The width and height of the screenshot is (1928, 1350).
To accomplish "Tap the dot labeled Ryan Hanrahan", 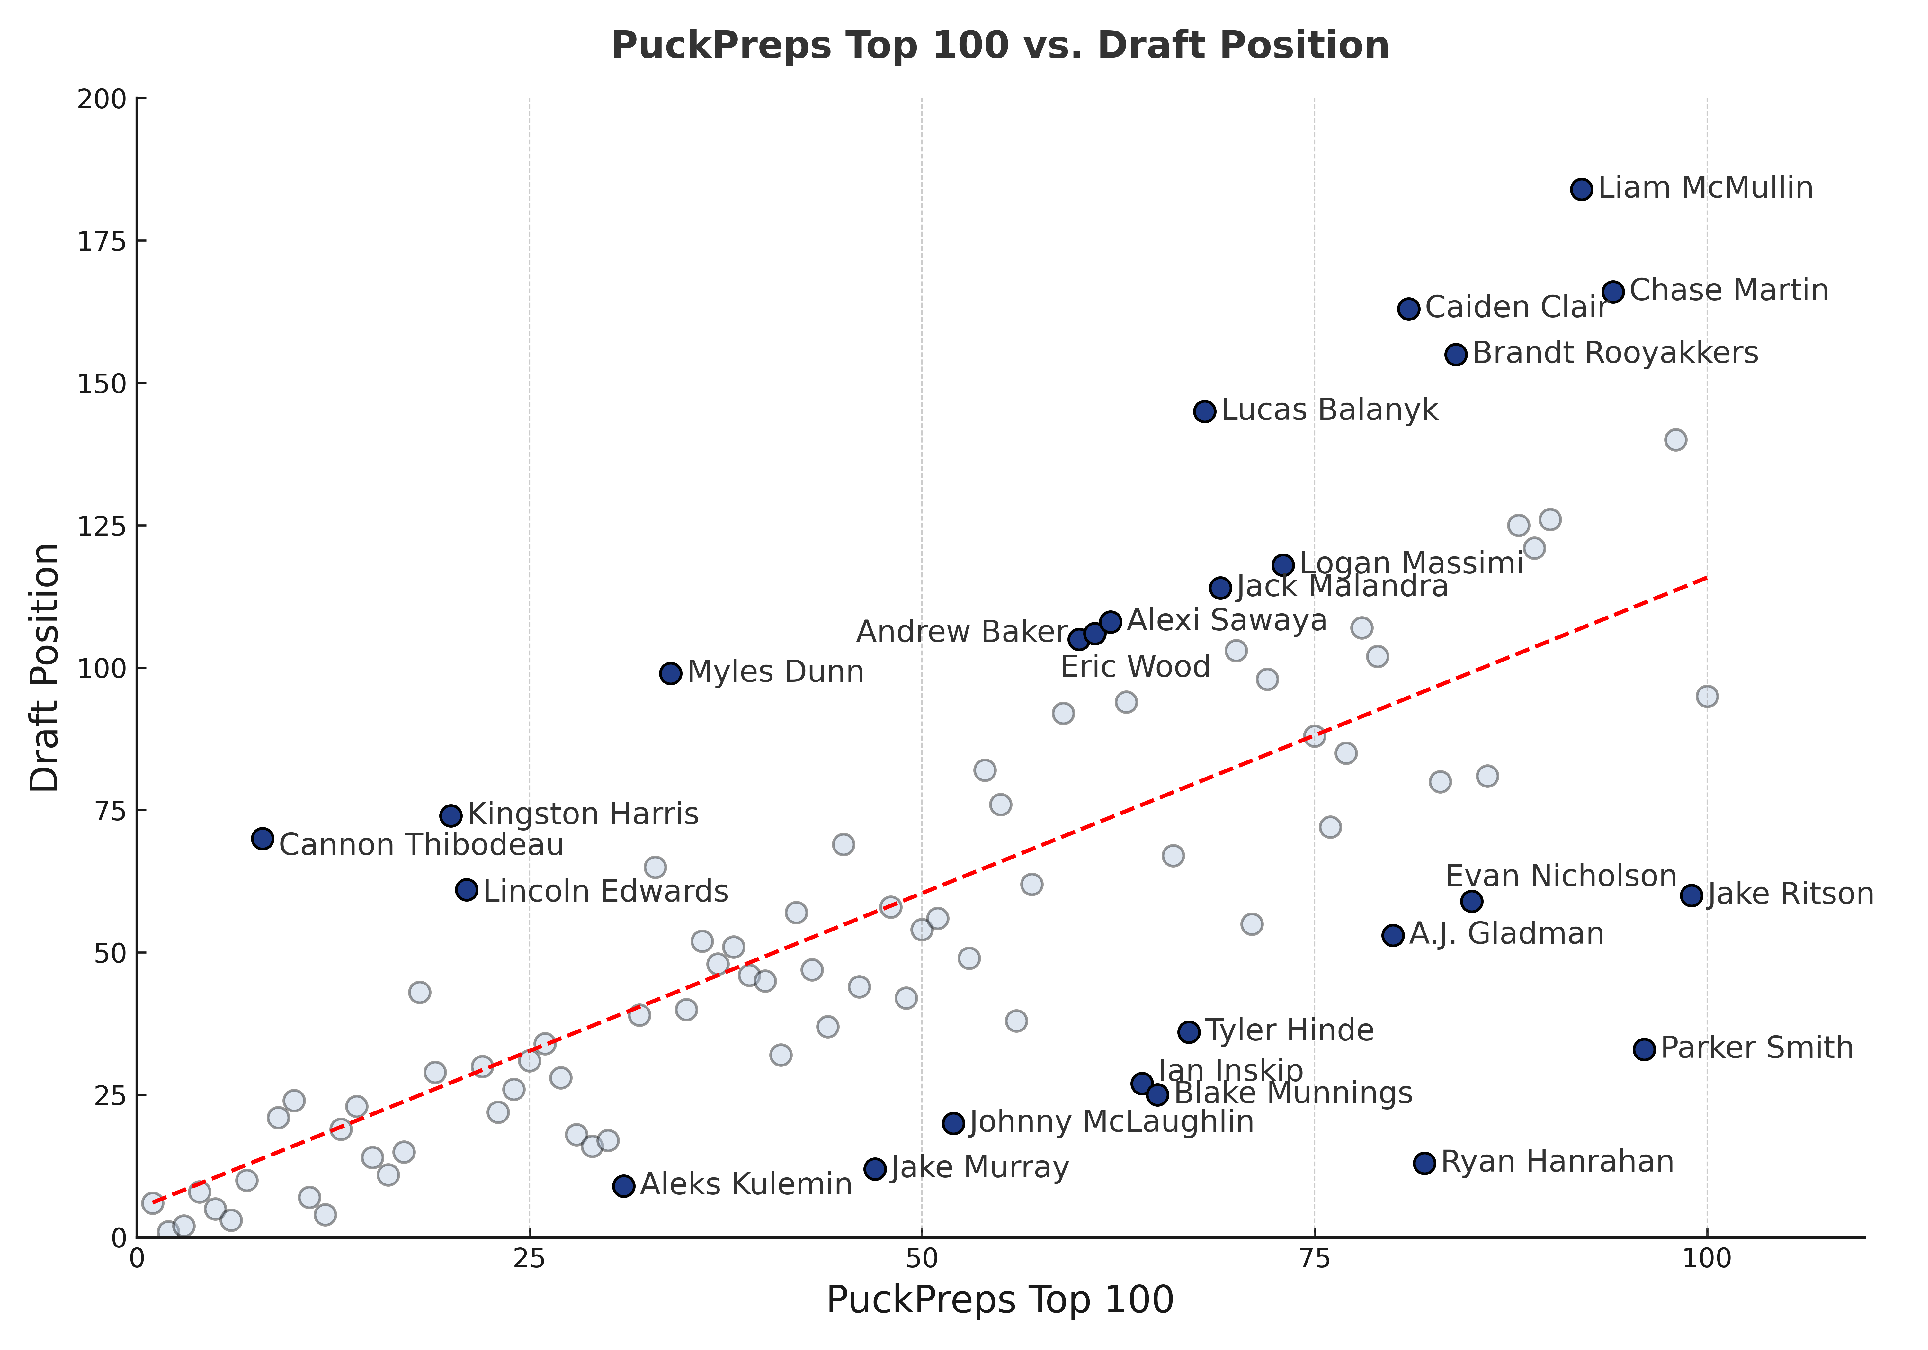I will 1424,1164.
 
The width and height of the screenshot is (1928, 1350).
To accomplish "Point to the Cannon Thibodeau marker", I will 263,838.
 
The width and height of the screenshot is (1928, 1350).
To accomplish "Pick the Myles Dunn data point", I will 670,674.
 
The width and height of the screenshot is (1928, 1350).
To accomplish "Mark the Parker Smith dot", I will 1644,1049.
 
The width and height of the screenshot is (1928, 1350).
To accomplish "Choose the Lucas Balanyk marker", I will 1204,412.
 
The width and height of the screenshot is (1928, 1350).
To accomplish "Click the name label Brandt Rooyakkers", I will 1615,354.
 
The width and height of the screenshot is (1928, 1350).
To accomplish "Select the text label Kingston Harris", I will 583,815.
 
